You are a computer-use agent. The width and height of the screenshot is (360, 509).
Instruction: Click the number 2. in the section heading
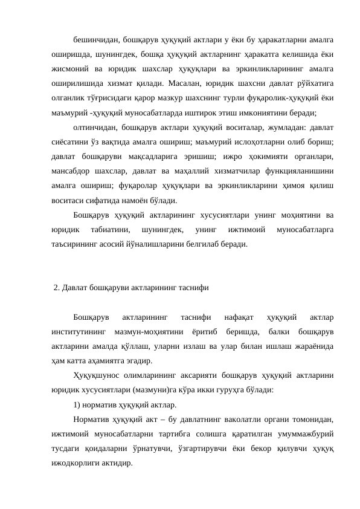point(57,287)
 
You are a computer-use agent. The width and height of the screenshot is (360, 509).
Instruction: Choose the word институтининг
point(79,331)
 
